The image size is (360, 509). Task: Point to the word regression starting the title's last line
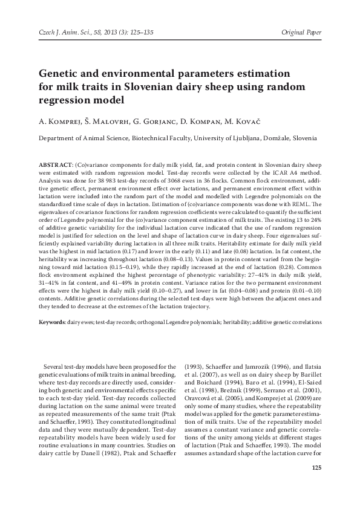click(68, 99)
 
